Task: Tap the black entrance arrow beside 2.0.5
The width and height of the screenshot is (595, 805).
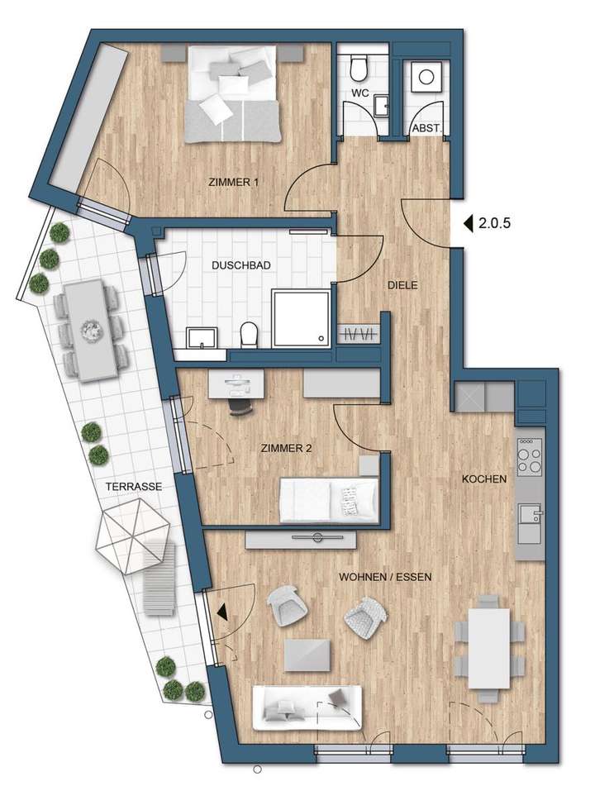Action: (467, 223)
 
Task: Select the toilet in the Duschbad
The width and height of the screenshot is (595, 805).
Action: (248, 335)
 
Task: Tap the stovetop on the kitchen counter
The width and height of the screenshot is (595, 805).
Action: (529, 455)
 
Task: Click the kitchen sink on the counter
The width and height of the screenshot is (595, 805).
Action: (529, 517)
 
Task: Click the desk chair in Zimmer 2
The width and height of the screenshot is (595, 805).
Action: (240, 404)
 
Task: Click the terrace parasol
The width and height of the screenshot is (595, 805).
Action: (132, 537)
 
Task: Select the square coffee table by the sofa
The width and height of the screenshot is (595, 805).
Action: (308, 655)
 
